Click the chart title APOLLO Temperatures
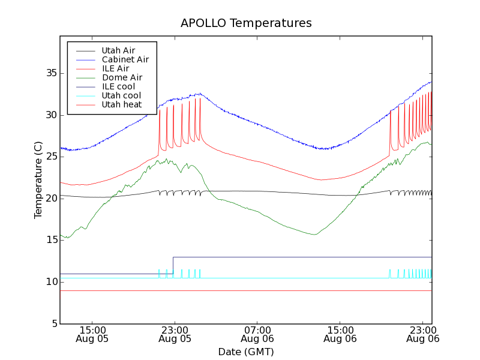tap(246, 23)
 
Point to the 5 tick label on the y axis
tap(53, 323)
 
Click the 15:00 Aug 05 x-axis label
tap(92, 334)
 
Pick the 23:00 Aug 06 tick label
tap(422, 334)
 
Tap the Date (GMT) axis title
tap(246, 352)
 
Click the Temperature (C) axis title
tap(38, 180)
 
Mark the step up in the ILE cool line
tap(173, 265)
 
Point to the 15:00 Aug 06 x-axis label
tap(340, 334)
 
